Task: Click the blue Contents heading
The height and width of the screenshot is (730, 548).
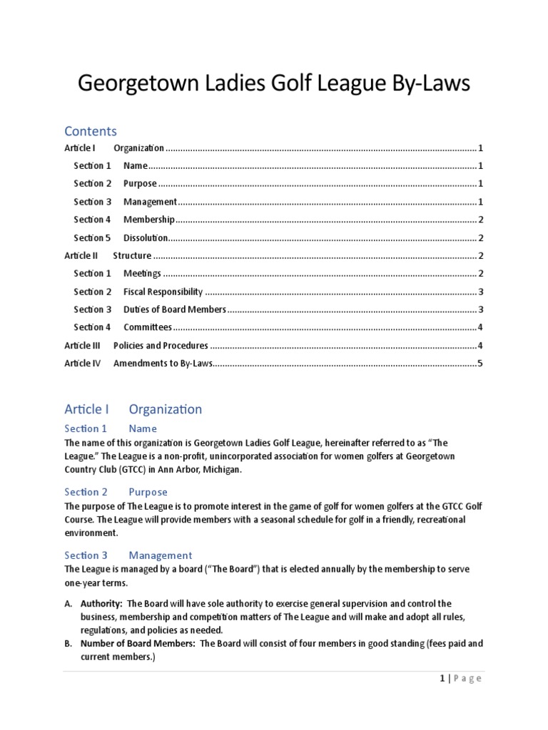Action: pos(91,131)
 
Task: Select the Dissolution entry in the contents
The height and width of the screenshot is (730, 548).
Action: pos(146,238)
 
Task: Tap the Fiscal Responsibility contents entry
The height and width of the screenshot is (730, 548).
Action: pos(163,292)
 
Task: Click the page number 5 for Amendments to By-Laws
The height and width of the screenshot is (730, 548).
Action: pos(481,364)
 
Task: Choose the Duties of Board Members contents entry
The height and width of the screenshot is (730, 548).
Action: pos(174,309)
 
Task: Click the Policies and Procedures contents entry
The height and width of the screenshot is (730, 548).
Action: pos(161,346)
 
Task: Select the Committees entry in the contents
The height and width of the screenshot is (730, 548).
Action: pos(148,327)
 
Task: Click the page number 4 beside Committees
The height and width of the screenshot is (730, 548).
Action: pos(481,327)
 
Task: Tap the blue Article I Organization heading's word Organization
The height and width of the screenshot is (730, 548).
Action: pos(165,409)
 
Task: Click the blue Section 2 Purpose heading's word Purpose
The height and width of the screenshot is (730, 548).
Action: pos(148,492)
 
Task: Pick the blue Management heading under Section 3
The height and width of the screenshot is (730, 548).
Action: pos(160,555)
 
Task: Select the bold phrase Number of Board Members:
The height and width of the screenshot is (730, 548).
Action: pos(138,644)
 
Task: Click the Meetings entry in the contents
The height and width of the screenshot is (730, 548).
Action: pos(142,274)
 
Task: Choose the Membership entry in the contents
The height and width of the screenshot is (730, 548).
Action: pos(148,220)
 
